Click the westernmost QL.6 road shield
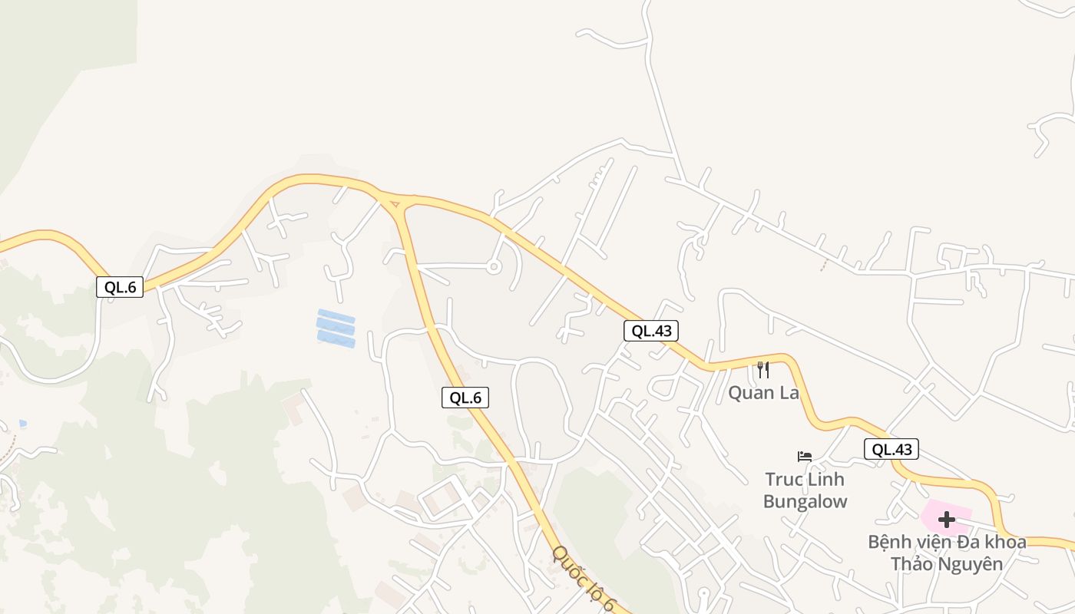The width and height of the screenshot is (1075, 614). [120, 287]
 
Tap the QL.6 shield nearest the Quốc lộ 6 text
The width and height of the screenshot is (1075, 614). [465, 398]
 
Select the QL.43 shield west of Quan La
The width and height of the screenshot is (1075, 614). [650, 331]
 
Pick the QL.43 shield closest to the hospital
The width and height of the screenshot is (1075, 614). [891, 449]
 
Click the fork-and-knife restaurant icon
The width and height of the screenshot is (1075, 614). [762, 370]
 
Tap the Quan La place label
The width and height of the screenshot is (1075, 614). [763, 393]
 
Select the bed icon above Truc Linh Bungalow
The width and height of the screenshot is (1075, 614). [805, 456]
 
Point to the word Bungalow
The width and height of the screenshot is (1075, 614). [805, 502]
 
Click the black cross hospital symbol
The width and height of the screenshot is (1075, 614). [946, 520]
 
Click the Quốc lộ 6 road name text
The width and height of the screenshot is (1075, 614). [583, 579]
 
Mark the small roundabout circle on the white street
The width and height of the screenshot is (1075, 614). [493, 267]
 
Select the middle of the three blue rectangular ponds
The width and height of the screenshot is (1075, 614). [336, 328]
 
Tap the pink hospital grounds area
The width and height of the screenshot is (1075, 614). [960, 510]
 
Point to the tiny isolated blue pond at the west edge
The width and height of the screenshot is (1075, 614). [23, 423]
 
